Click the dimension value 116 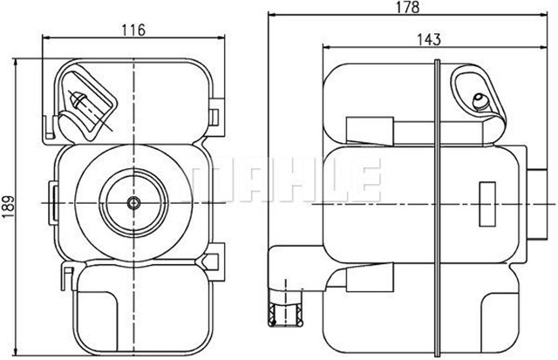(x=132, y=29)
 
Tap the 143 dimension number (x=428, y=39)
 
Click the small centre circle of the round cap (x=133, y=203)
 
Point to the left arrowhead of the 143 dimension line (x=326, y=49)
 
